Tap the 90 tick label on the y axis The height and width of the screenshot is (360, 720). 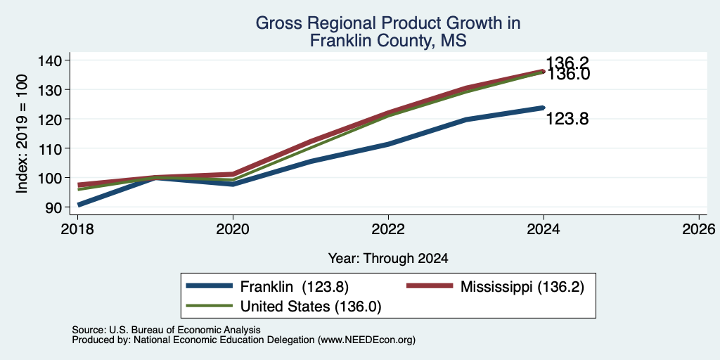point(53,207)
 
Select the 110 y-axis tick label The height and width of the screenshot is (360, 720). point(50,148)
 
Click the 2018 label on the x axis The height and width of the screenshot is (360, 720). point(77,229)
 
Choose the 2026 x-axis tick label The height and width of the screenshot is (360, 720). point(699,229)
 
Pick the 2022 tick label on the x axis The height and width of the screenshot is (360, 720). point(388,229)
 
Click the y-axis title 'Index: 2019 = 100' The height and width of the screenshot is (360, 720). point(22,134)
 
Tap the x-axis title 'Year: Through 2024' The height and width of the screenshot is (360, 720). point(388,259)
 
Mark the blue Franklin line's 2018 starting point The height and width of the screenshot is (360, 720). point(79,205)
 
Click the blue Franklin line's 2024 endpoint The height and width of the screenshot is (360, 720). point(544,108)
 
